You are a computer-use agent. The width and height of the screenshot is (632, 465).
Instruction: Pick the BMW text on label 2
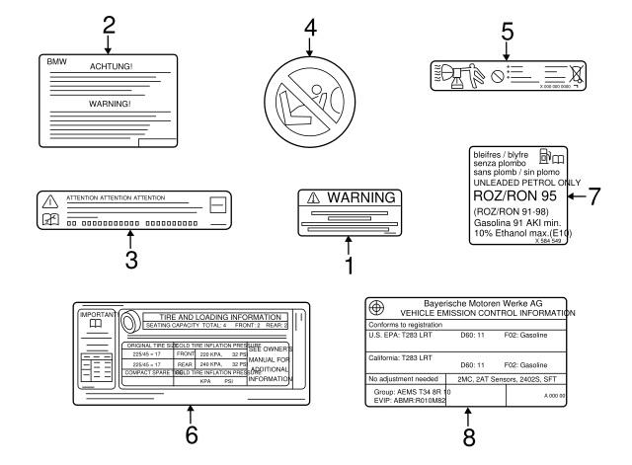[59, 60]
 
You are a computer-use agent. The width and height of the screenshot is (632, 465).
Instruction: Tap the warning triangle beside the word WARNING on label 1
[314, 198]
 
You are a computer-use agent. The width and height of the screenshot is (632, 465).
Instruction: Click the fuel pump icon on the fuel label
[545, 156]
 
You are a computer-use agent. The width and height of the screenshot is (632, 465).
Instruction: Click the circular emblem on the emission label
[376, 305]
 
